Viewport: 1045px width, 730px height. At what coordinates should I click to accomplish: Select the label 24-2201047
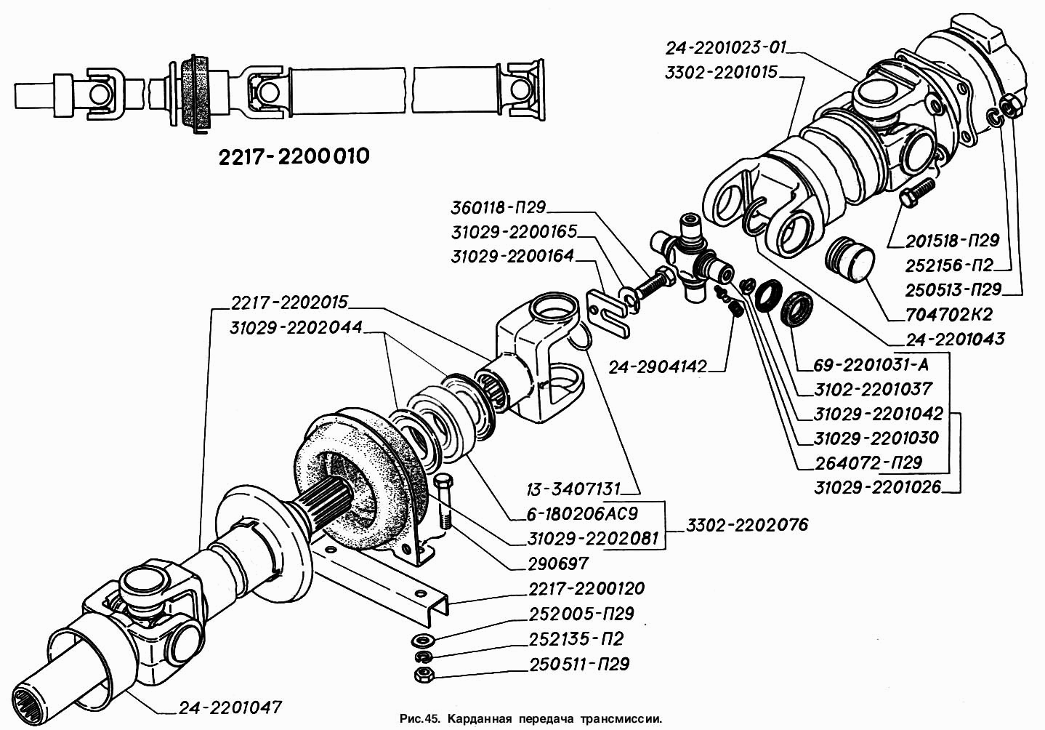coord(230,707)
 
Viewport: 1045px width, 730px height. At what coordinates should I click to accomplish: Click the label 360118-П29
coord(498,208)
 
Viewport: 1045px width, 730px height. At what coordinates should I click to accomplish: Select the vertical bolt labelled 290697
coord(444,502)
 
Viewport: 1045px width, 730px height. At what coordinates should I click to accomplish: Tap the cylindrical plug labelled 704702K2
coord(851,258)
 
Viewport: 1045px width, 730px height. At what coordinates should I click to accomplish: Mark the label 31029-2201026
coord(877,487)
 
